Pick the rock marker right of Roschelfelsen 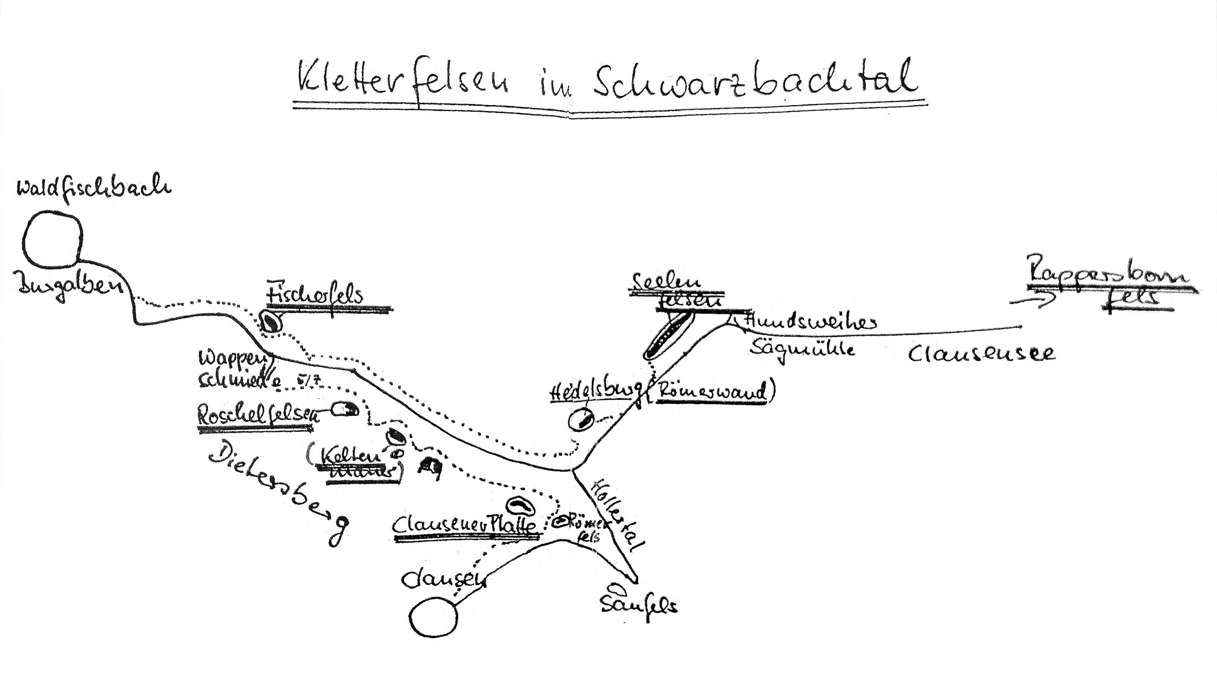pyautogui.click(x=345, y=409)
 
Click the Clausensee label pyautogui.click(x=981, y=355)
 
